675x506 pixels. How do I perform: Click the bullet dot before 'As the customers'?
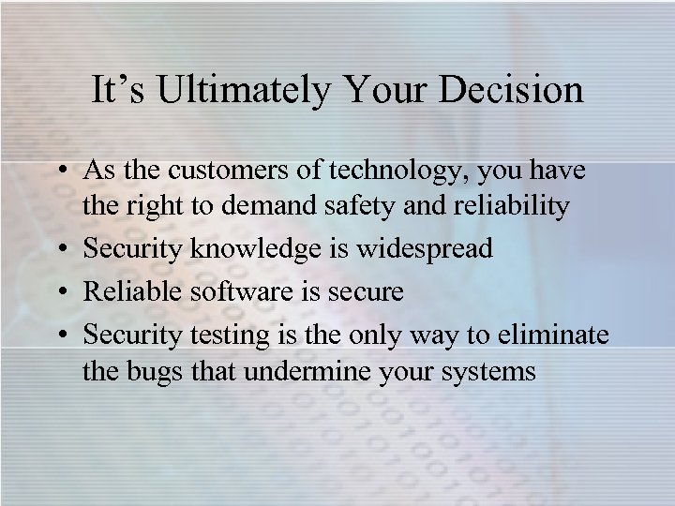(x=62, y=172)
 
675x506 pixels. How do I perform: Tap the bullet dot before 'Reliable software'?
(x=62, y=292)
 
